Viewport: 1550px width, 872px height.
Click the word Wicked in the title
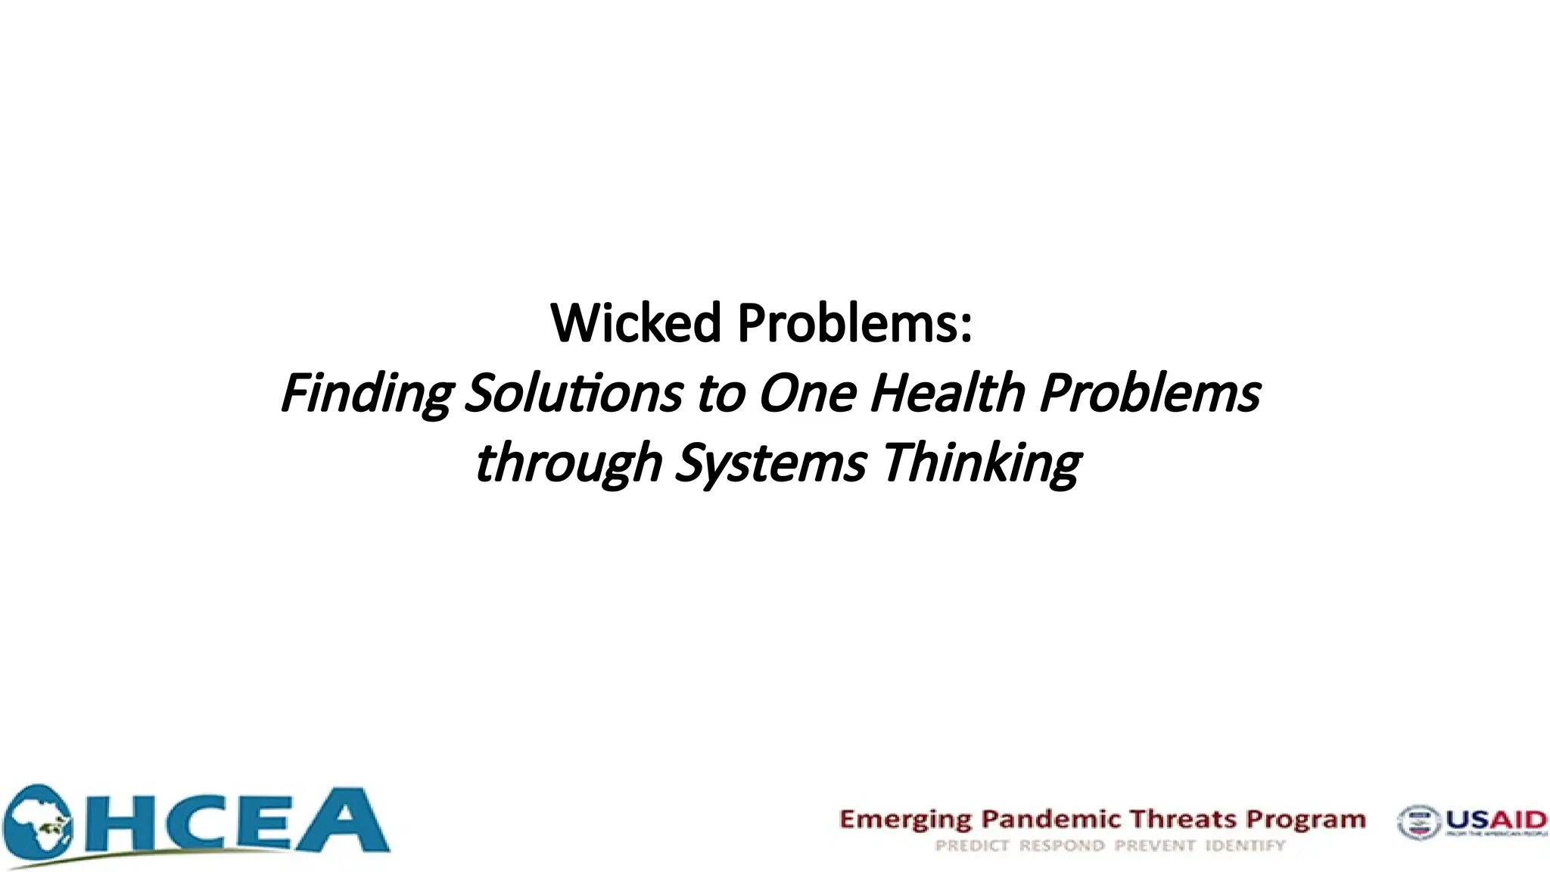[635, 323]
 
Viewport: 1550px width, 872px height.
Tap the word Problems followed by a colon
[854, 323]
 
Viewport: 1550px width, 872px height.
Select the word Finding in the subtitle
[366, 394]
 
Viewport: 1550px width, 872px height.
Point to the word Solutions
[574, 394]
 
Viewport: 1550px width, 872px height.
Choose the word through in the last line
[568, 463]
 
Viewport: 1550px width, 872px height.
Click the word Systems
[770, 463]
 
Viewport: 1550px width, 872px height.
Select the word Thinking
[982, 463]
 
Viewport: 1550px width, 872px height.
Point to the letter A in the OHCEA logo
[345, 822]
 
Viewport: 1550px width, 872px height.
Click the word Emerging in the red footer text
[905, 820]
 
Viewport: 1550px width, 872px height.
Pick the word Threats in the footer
[1183, 819]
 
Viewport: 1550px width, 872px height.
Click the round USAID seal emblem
[1418, 823]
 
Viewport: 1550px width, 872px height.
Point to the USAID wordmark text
[1496, 820]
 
